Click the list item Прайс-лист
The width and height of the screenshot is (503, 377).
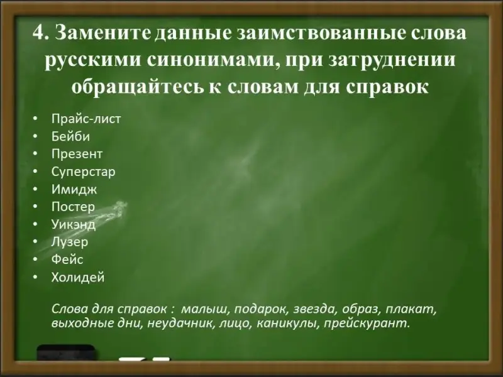86,119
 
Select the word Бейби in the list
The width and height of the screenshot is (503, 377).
70,136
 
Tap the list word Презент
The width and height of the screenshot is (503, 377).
77,154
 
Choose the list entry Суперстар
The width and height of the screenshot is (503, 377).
84,172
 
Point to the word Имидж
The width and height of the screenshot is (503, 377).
74,190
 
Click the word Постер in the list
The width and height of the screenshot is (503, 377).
73,207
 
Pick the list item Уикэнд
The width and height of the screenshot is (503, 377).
74,224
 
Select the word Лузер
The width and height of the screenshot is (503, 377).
70,242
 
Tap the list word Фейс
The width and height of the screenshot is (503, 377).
67,260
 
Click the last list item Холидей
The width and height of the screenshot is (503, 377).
78,277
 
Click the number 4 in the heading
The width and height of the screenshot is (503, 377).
40,33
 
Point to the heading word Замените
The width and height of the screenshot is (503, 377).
103,33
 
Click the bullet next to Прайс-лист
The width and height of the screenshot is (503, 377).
35,119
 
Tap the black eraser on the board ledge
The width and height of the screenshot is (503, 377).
67,357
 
